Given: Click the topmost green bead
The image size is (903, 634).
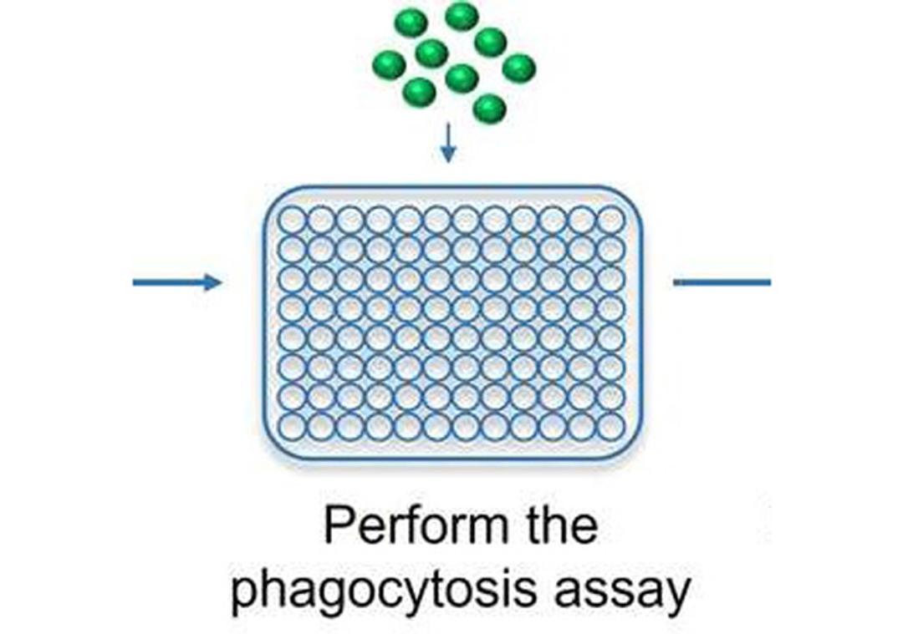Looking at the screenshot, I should pyautogui.click(x=462, y=16).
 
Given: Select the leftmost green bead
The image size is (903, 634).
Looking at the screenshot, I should pyautogui.click(x=389, y=64).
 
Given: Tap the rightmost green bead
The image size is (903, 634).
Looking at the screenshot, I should pyautogui.click(x=518, y=68).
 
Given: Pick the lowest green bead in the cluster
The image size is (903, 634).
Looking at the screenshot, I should pyautogui.click(x=489, y=109).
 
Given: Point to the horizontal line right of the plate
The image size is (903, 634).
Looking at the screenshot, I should pyautogui.click(x=722, y=282).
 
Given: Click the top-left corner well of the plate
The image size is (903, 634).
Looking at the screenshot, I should pyautogui.click(x=292, y=221).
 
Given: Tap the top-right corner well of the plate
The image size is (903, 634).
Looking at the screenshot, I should pyautogui.click(x=611, y=221).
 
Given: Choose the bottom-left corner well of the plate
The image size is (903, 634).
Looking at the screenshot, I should pyautogui.click(x=292, y=426).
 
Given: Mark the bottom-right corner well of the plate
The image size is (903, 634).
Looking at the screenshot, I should pyautogui.click(x=611, y=426).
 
